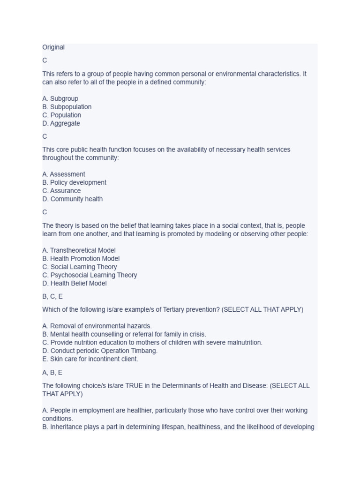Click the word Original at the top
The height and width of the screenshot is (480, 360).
pyautogui.click(x=53, y=47)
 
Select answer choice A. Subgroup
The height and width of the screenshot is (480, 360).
pyautogui.click(x=60, y=98)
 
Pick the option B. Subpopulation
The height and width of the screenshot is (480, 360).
pyautogui.click(x=67, y=107)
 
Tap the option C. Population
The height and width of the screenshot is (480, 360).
pyautogui.click(x=62, y=115)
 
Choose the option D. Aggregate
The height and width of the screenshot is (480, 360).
pyautogui.click(x=61, y=124)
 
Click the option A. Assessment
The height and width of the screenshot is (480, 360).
pyautogui.click(x=64, y=174)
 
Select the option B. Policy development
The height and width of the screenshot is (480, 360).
pyautogui.click(x=75, y=183)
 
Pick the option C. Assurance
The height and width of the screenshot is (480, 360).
pyautogui.click(x=61, y=191)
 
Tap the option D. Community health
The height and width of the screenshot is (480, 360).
pyautogui.click(x=73, y=199)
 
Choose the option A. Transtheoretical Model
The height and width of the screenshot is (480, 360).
pyautogui.click(x=79, y=250)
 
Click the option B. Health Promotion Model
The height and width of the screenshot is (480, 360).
pyautogui.click(x=81, y=259)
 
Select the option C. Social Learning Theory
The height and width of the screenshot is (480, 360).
pyautogui.click(x=80, y=267)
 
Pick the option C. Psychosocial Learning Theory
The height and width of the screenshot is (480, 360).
pyautogui.click(x=90, y=275)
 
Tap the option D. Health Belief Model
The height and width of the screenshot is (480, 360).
pyautogui.click(x=75, y=284)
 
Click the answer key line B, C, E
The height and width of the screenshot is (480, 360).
pyautogui.click(x=52, y=297)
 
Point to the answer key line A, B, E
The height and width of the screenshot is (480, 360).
pyautogui.click(x=52, y=373)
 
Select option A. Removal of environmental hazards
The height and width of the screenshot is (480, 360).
pyautogui.click(x=97, y=326)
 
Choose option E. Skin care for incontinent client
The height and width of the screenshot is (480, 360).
pyautogui.click(x=90, y=359)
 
